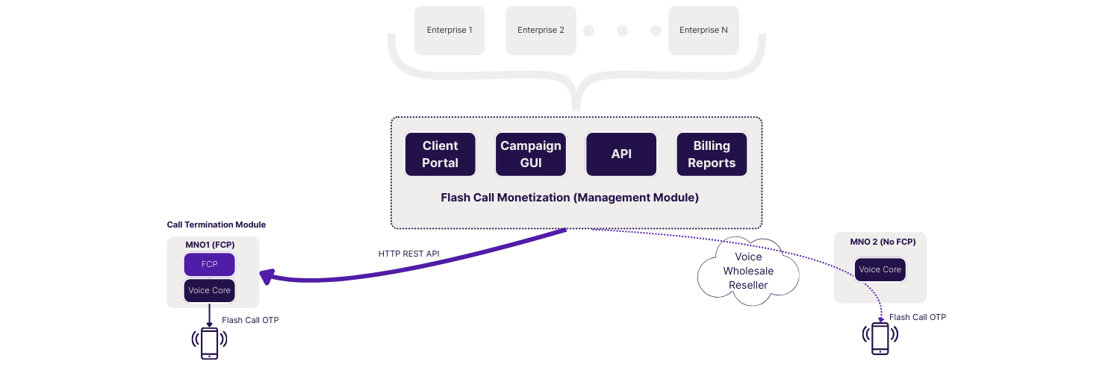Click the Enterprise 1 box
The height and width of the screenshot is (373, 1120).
[449, 31]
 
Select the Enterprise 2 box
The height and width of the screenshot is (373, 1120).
[541, 31]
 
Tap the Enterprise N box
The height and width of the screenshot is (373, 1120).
[703, 31]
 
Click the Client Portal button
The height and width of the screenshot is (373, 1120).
[440, 154]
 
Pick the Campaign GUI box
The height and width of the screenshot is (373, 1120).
[530, 154]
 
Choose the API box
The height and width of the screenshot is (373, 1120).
[621, 154]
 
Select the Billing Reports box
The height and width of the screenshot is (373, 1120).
[712, 154]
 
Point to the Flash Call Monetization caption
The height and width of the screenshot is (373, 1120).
[570, 198]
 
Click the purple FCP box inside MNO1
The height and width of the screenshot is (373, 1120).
[210, 265]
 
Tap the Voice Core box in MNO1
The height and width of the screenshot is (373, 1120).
[210, 290]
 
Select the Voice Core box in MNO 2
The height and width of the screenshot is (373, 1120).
[880, 269]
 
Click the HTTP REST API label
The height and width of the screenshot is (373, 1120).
[408, 254]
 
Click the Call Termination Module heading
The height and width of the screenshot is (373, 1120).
[216, 225]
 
